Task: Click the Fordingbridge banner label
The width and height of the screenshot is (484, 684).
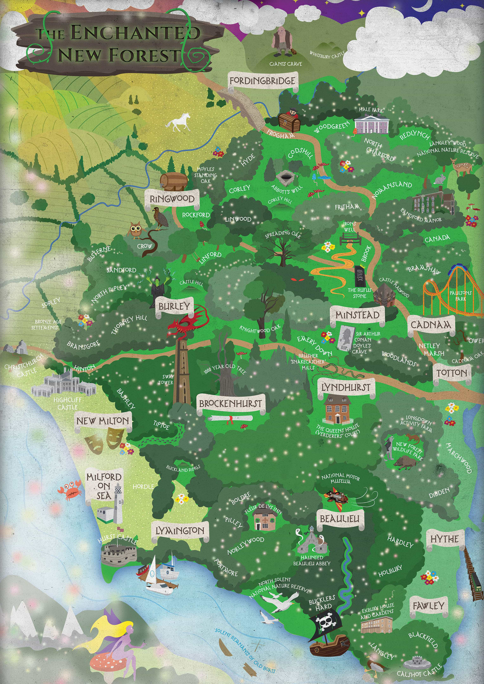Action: pyautogui.click(x=263, y=81)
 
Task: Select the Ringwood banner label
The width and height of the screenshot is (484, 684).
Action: pyautogui.click(x=172, y=199)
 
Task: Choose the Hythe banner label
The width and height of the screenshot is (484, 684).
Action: pyautogui.click(x=444, y=539)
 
